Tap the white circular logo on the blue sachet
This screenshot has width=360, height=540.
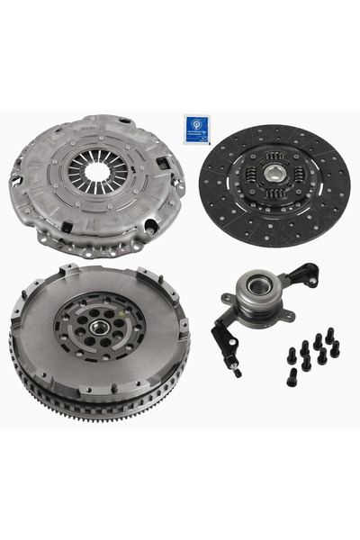coord(195,123)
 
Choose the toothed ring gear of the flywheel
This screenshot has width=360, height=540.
coord(99,409)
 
